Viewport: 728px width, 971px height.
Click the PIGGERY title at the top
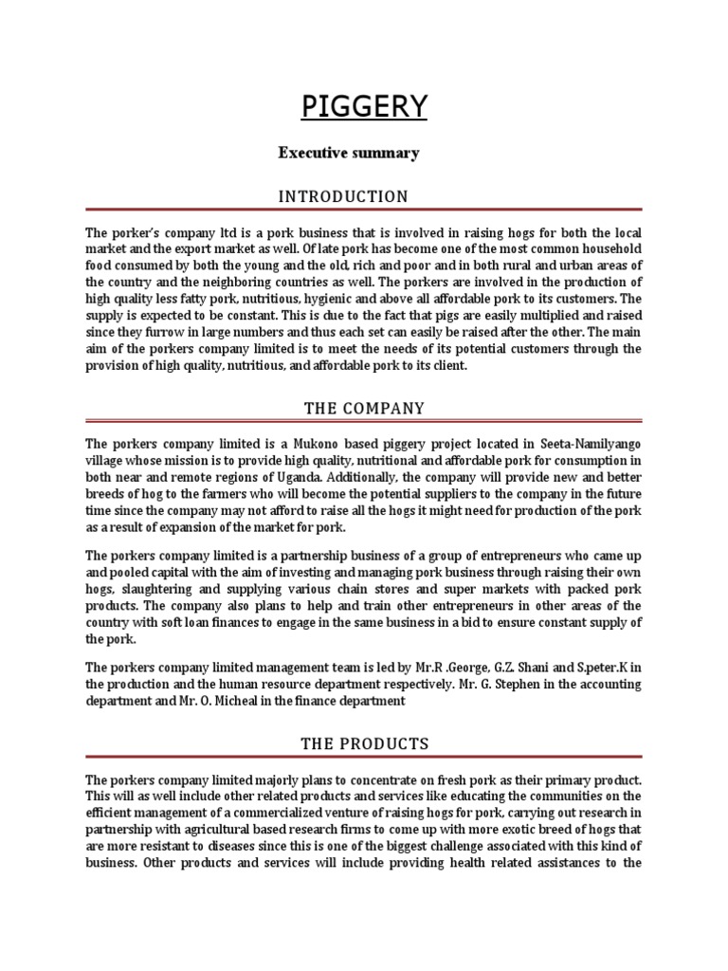tap(364, 106)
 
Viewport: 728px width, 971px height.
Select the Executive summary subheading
tap(348, 152)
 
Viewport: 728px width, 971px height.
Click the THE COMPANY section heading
tap(364, 408)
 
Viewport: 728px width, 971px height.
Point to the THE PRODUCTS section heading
tap(364, 743)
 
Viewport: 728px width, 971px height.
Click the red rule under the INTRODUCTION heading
tap(364, 211)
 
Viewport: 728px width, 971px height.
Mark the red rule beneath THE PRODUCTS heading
tap(364, 758)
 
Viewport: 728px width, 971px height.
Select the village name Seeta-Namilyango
tap(589, 443)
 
